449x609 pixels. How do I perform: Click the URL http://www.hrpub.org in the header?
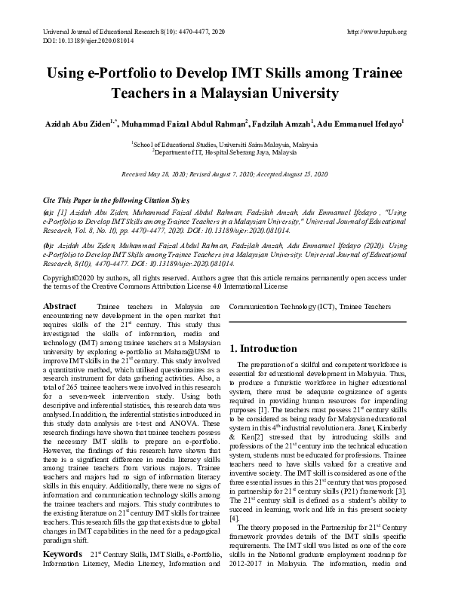[x=375, y=32]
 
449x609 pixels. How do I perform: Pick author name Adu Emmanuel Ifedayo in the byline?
[x=360, y=123]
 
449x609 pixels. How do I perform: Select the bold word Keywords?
[x=63, y=554]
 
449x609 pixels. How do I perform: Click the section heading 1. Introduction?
[x=263, y=349]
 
